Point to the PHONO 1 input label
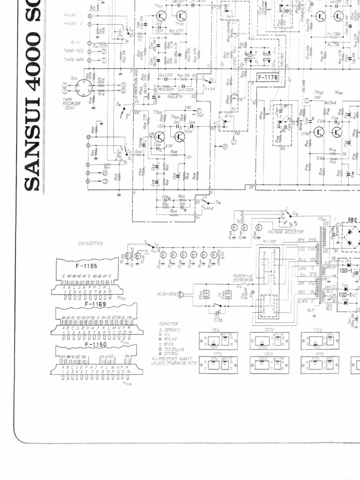73,15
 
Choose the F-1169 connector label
95,304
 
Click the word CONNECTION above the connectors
91,244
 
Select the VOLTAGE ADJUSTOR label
285,232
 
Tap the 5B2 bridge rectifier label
352,219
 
